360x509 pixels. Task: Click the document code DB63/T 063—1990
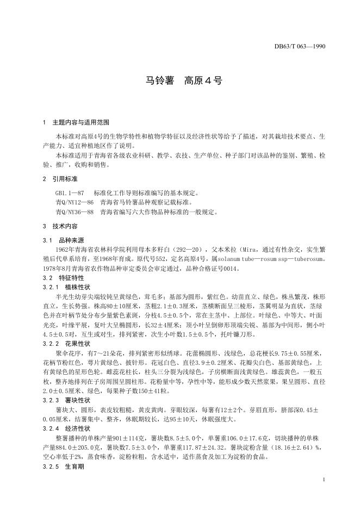tap(300, 47)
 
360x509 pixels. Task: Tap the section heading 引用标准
tap(64, 178)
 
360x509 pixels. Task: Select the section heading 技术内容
tap(64, 226)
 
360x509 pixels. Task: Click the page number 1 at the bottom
tap(324, 479)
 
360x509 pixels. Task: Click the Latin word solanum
tap(233, 259)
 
